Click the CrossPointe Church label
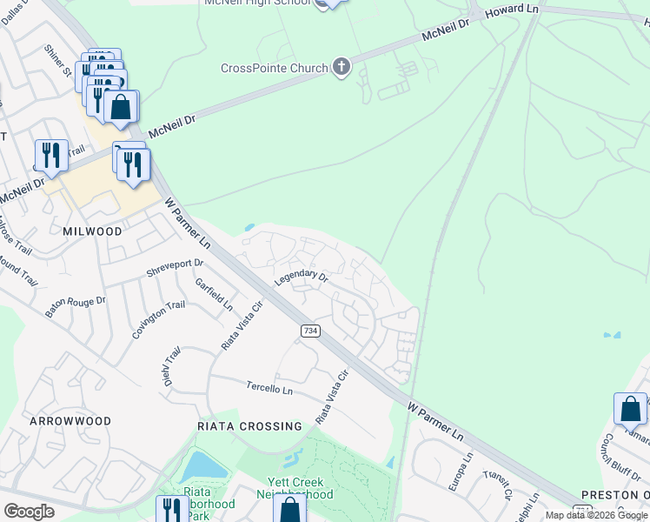(275, 68)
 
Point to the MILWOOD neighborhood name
(92, 232)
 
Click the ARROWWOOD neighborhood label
(70, 421)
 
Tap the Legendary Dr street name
(301, 278)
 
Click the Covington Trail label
(159, 318)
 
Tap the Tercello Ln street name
(269, 388)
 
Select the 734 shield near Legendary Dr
(309, 331)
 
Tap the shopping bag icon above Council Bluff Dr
(630, 408)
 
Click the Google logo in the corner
(30, 512)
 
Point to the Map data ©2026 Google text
(596, 515)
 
